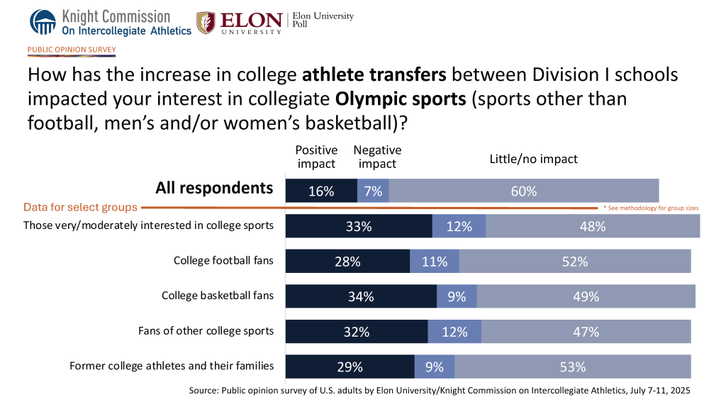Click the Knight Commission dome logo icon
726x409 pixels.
tap(43, 22)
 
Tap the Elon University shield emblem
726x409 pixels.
tap(206, 23)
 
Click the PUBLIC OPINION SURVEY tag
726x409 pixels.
tap(72, 50)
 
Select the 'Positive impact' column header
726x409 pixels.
tap(316, 157)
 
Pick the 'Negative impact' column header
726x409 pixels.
tap(377, 157)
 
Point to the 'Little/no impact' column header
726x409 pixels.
tap(533, 159)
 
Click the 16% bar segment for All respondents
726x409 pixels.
tap(321, 191)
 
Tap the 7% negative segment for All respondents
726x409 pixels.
tap(373, 191)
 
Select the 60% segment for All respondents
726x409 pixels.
tap(524, 191)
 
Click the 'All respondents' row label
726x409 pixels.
tap(214, 188)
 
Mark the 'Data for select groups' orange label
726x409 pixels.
tap(80, 207)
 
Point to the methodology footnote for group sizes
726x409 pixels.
tap(651, 208)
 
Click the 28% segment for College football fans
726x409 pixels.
tap(347, 261)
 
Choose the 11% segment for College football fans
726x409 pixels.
tap(435, 261)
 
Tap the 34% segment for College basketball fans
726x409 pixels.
tap(361, 296)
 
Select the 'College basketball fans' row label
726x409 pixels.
tap(218, 296)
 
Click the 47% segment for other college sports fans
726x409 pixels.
tap(586, 332)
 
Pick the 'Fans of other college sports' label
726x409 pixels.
tap(206, 330)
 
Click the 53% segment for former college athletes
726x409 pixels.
tap(573, 366)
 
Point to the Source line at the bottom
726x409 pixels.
tap(440, 391)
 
